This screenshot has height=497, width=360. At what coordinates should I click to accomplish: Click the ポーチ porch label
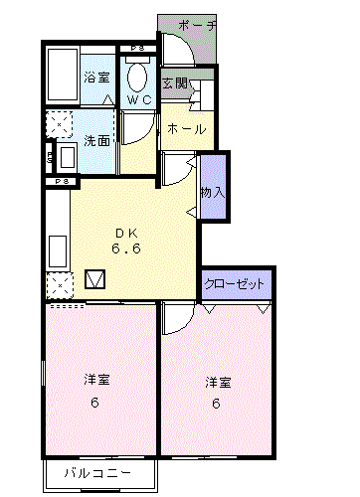[x=198, y=26]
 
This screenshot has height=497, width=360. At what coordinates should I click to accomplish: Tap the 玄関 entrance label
[x=175, y=83]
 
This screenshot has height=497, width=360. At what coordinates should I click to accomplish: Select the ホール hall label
[x=186, y=129]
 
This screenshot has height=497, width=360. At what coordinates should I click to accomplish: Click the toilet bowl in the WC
[x=137, y=78]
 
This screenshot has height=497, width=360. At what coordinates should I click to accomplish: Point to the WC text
[x=139, y=100]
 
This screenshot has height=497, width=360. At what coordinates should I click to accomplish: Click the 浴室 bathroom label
[x=96, y=78]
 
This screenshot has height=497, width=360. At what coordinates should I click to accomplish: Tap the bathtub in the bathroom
[x=63, y=75]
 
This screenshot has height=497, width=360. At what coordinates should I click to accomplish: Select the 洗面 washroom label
[x=96, y=141]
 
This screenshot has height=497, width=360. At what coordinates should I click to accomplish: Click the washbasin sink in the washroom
[x=68, y=157]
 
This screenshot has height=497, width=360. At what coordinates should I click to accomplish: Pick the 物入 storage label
[x=213, y=192]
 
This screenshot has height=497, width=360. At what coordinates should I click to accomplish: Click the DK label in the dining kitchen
[x=126, y=234]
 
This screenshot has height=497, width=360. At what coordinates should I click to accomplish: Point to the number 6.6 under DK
[x=126, y=248]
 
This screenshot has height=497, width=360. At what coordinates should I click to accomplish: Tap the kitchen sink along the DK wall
[x=58, y=251]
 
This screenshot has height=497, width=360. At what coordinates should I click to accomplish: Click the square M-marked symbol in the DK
[x=95, y=279]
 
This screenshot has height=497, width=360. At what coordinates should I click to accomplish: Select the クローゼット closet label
[x=234, y=284]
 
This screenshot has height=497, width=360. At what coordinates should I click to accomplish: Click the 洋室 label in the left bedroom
[x=96, y=380]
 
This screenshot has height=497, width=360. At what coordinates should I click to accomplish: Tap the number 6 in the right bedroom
[x=216, y=404]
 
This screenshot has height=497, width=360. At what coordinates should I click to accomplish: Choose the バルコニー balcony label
[x=97, y=473]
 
